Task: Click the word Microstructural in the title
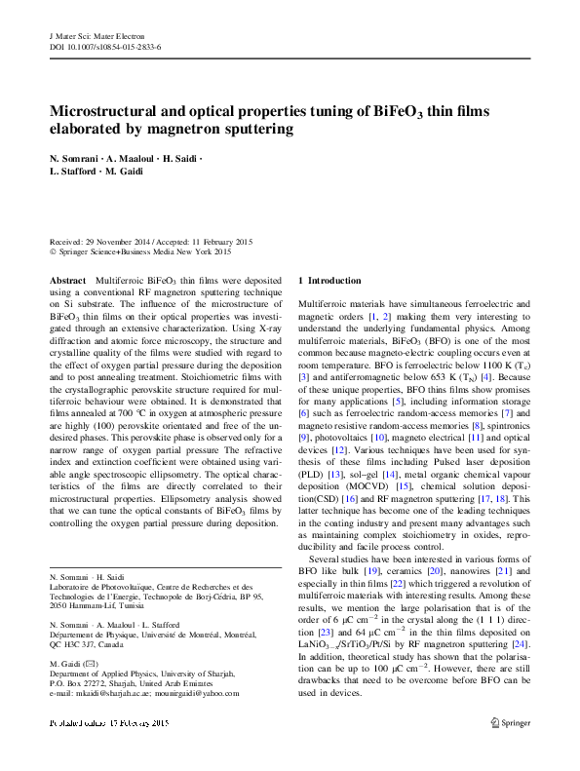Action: click(104, 111)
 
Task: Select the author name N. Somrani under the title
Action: click(76, 158)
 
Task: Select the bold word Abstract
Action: click(67, 280)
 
